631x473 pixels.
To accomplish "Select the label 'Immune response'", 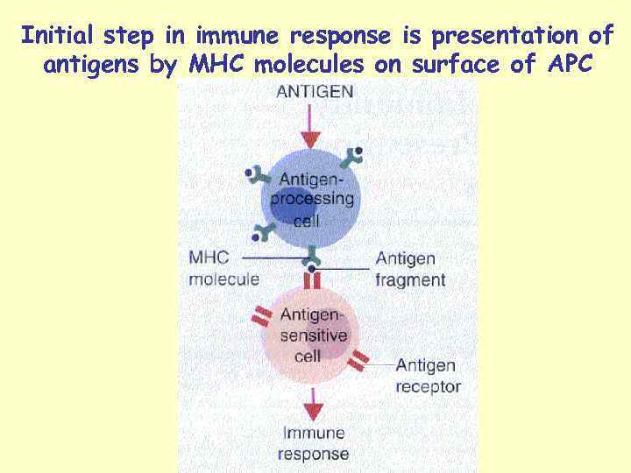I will [313, 443].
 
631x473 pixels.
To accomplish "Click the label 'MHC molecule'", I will [224, 269].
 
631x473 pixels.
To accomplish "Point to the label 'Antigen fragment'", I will [410, 269].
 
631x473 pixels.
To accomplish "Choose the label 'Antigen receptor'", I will [427, 376].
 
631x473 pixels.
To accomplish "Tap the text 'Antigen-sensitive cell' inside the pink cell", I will [313, 335].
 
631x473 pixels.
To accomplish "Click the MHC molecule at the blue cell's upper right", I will [353, 158].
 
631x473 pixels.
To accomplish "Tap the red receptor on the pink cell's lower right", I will [358, 361].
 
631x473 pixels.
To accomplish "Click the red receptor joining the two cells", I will [312, 281].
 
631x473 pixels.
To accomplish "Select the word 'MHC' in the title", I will [210, 66].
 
